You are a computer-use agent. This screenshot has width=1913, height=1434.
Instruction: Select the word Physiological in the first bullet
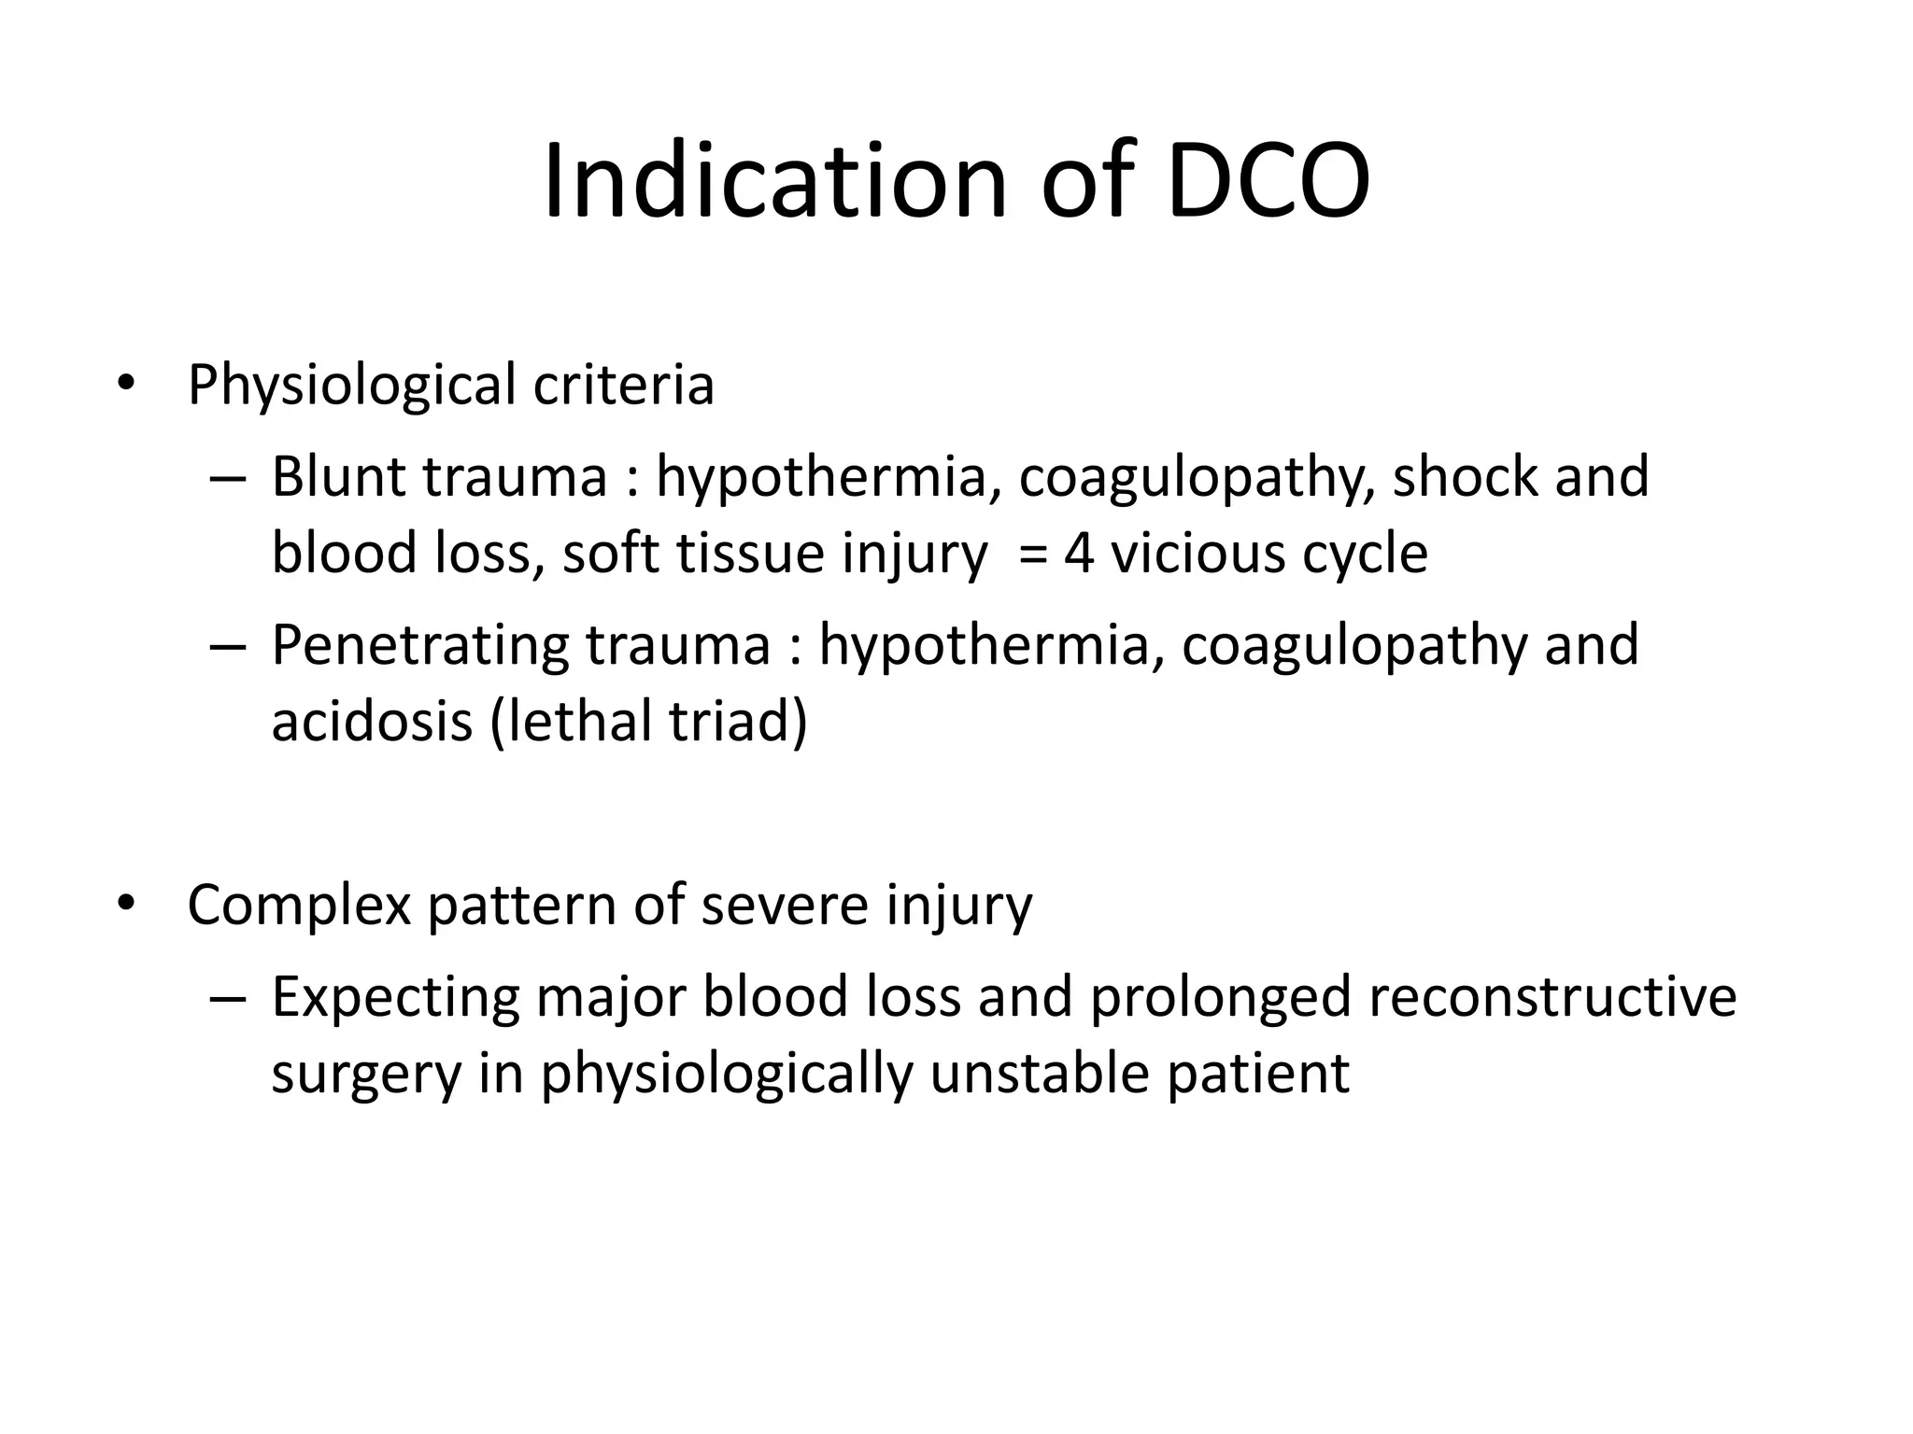point(351,386)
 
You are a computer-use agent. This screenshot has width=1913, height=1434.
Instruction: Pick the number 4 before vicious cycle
point(1078,554)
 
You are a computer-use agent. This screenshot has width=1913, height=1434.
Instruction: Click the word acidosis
point(372,722)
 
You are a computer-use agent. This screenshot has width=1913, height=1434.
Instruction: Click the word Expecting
point(395,998)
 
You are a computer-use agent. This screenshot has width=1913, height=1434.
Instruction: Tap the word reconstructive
point(1552,996)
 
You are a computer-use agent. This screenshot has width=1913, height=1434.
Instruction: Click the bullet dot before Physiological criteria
point(126,386)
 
